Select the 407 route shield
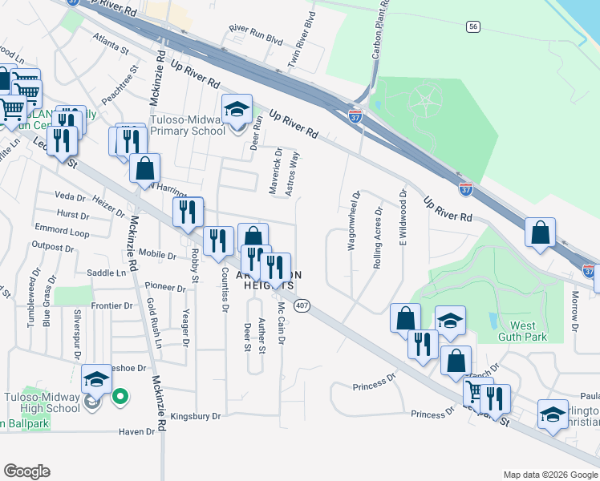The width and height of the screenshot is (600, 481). pos(301,305)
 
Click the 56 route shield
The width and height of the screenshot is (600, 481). pos(474,26)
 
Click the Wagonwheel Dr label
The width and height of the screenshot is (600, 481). pos(353,220)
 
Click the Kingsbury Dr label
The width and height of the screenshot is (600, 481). pos(195,417)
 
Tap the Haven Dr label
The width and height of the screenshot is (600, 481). pos(136,432)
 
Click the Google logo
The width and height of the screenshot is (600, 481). pos(27,472)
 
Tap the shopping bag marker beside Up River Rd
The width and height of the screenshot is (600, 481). pos(541,232)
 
